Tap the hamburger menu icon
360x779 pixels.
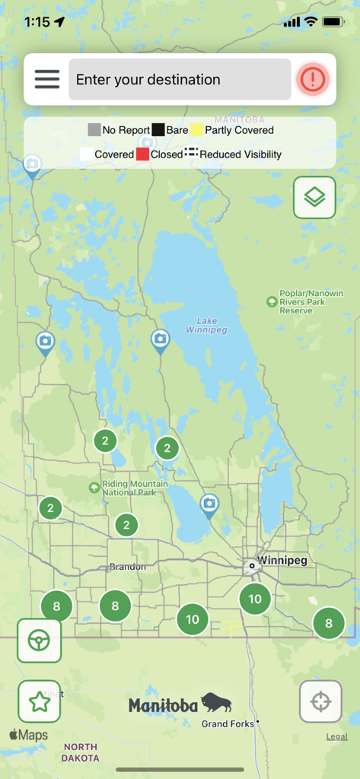pyautogui.click(x=46, y=79)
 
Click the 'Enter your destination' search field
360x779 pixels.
pyautogui.click(x=180, y=79)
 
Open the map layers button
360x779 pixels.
pyautogui.click(x=314, y=197)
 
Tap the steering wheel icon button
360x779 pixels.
pyautogui.click(x=39, y=641)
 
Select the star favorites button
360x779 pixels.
pyautogui.click(x=39, y=701)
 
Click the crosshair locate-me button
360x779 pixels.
pyautogui.click(x=320, y=701)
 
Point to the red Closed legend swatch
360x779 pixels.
pyautogui.click(x=142, y=154)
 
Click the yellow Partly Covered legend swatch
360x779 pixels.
pyautogui.click(x=197, y=130)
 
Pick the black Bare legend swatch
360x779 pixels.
pyautogui.click(x=158, y=130)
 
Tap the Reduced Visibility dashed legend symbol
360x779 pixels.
pyautogui.click(x=191, y=154)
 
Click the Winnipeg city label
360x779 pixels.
pyautogui.click(x=282, y=561)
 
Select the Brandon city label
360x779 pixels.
pyautogui.click(x=127, y=567)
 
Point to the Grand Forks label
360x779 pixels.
pyautogui.click(x=228, y=724)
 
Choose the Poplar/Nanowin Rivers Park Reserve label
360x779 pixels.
pyautogui.click(x=311, y=302)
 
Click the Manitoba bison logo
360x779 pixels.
pyautogui.click(x=180, y=705)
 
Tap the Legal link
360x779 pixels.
pyautogui.click(x=337, y=736)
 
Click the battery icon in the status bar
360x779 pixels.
pyautogui.click(x=333, y=22)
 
